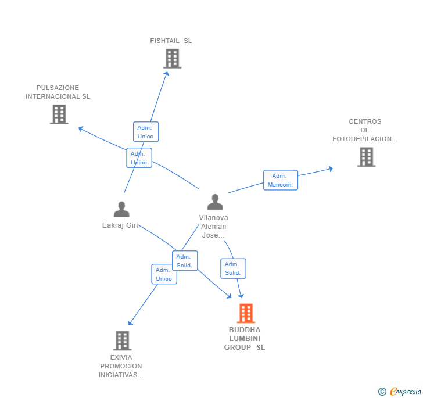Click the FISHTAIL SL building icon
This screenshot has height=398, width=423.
(172, 59)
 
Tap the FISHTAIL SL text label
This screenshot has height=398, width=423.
(171, 41)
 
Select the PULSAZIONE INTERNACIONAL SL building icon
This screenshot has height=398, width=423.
(59, 114)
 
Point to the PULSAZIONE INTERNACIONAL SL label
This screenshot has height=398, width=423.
(58, 92)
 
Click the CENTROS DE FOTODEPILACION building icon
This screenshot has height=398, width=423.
(366, 157)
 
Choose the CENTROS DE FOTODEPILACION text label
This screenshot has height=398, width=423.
(365, 130)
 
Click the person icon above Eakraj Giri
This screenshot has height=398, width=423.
(121, 209)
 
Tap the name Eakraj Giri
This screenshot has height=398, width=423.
(120, 225)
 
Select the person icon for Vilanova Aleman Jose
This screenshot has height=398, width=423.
(215, 202)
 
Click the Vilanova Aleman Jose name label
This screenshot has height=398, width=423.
(214, 227)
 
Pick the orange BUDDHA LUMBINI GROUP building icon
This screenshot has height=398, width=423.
(246, 313)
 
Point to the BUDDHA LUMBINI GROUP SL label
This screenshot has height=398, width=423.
(245, 339)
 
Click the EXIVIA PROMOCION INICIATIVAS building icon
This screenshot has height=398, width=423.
(122, 340)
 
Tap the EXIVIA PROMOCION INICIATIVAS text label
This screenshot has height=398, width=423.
(121, 366)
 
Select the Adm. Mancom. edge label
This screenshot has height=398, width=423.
(281, 180)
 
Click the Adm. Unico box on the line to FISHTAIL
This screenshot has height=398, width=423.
(146, 132)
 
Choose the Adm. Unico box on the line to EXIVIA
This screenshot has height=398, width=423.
(164, 274)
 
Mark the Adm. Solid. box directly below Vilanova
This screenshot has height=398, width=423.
(233, 268)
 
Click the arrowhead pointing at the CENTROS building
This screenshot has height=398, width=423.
(331, 168)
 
